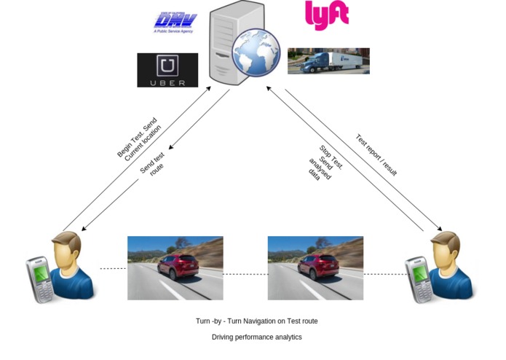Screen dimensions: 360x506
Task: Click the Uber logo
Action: pyautogui.click(x=167, y=70)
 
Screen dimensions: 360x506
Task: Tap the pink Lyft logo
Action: pyautogui.click(x=326, y=15)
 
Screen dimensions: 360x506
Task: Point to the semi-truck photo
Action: pyautogui.click(x=328, y=61)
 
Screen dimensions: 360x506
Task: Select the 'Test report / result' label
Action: pyautogui.click(x=376, y=154)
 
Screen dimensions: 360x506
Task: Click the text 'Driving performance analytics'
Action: pyautogui.click(x=256, y=337)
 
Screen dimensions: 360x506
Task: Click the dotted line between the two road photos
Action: pyautogui.click(x=245, y=274)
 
